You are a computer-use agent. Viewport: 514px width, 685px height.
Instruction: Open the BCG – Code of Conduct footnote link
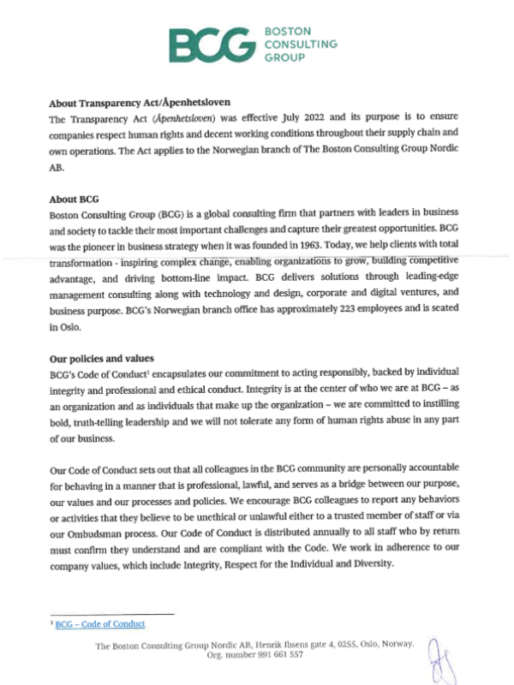tap(100, 625)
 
